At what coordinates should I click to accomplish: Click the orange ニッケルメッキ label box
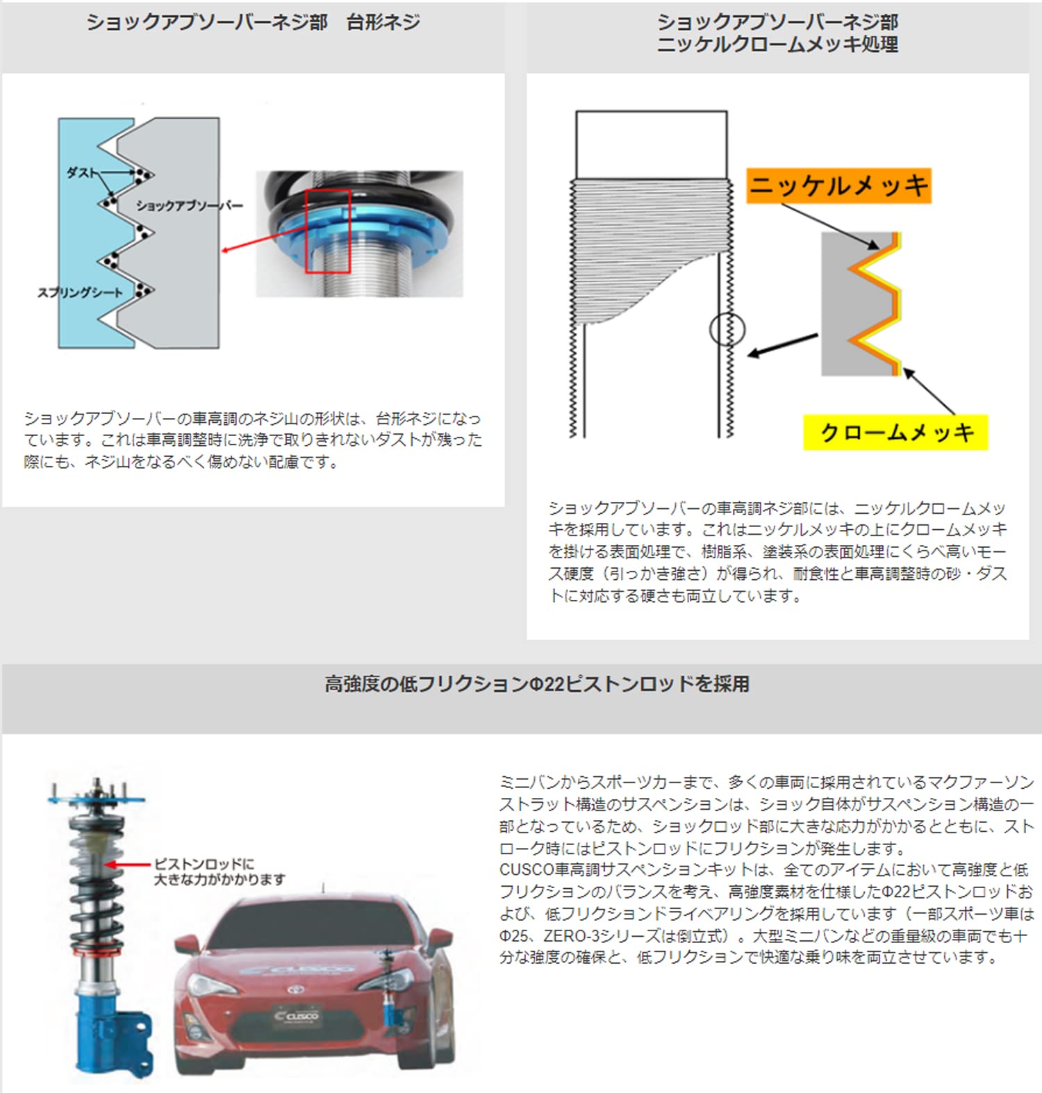tap(838, 186)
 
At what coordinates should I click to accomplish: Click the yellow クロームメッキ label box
tap(895, 433)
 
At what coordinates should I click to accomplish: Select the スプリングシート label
tap(79, 292)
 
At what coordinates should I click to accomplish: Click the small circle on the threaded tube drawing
tap(727, 329)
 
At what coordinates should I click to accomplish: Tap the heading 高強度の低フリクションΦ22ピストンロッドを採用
tap(536, 684)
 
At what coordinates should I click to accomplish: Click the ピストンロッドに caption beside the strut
tap(204, 864)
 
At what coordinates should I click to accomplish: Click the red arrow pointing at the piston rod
tap(128, 865)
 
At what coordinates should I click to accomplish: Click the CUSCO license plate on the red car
tap(297, 1016)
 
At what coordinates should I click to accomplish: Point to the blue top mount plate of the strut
tap(97, 800)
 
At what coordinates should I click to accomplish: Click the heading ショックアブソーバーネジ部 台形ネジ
tap(253, 22)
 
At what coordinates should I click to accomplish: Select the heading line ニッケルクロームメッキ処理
tap(777, 45)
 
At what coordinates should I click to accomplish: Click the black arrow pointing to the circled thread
tap(782, 345)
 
